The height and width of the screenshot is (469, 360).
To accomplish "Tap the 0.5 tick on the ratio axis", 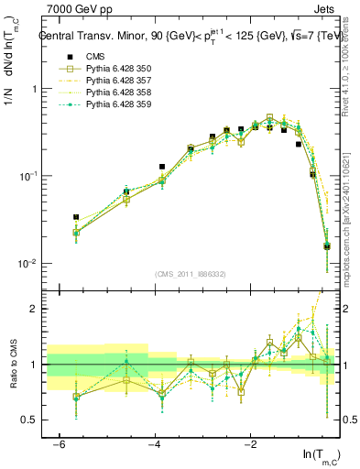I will pyautogui.click(x=32, y=420).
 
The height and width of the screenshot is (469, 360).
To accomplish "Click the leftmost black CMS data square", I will pyautogui.click(x=76, y=217).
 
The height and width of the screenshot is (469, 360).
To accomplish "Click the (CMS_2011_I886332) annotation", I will pyautogui.click(x=190, y=276).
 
